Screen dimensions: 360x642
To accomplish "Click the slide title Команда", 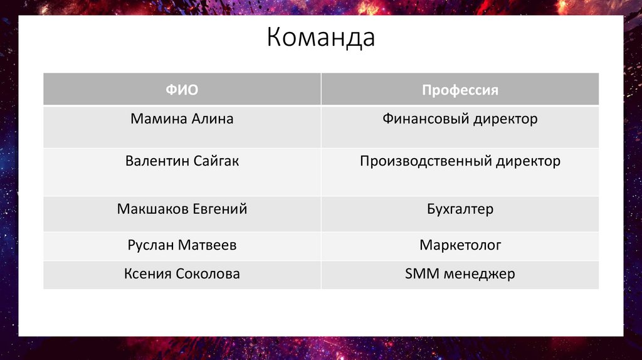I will click(320, 38).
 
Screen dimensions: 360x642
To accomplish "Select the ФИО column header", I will click(182, 90).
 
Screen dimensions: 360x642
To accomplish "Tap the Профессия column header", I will click(460, 90).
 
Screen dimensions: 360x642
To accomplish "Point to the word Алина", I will click(211, 119).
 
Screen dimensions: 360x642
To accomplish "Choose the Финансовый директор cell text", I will click(460, 119).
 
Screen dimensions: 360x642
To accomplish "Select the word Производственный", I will click(426, 161).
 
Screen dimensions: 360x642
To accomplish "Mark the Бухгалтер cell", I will click(460, 209).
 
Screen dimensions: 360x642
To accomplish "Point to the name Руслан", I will click(150, 245).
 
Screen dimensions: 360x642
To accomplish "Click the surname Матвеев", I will click(208, 245).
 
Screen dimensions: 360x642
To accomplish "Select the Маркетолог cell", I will click(460, 245).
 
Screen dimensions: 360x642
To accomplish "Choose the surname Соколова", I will click(208, 274).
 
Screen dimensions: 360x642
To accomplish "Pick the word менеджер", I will click(478, 274).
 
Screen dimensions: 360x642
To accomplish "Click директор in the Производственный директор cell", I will click(528, 161).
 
